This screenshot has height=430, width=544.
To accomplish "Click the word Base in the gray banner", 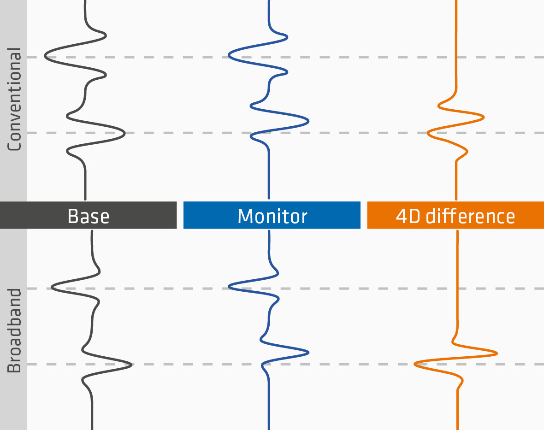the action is pos(89,216).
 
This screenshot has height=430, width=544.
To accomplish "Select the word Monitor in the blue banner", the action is pos(272,216).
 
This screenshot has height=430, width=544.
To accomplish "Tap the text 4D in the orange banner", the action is pos(408,216).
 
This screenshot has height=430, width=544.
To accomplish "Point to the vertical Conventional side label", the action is pos(14,99).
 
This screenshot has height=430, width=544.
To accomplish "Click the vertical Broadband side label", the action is pos(14,330).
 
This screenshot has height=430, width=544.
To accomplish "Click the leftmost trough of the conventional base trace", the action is pos(45,55).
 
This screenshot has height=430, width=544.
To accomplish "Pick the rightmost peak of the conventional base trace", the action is pos(124,133).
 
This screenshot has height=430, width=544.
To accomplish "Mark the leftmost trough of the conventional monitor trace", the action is pos(229,55).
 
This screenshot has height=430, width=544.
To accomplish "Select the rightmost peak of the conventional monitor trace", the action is pos(308,121).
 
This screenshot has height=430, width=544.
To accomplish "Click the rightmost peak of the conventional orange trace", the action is pos(483,117).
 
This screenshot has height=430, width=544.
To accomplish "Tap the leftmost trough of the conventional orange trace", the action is pos(428,133).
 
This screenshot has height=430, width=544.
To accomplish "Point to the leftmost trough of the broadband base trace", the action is pos(52,287).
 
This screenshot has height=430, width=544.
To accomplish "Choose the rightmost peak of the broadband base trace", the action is pos(131,364).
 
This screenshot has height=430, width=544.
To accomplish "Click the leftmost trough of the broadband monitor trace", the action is pos(229,286).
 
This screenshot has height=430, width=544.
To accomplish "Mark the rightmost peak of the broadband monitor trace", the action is pos(308,353).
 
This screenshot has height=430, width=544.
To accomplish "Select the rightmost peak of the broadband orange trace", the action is pos(497,353).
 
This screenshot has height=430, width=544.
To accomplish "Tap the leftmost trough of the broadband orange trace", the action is pos(415,364).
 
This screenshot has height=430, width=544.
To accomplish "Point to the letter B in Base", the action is pos(72,216).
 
